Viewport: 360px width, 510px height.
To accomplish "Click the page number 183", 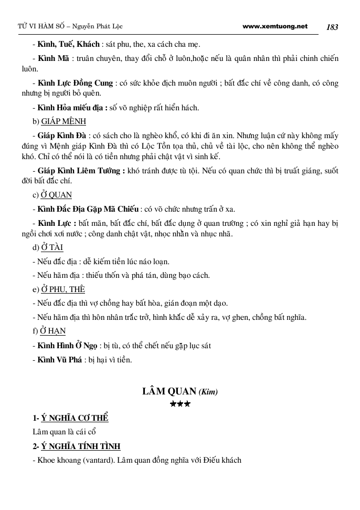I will tap(332, 27).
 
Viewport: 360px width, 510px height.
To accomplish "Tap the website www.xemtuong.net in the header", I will tap(276, 26).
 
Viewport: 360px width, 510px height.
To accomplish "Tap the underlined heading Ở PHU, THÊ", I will tap(63, 289).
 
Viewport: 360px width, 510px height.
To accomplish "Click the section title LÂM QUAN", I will tap(169, 391).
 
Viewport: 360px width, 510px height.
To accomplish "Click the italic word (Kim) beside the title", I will tap(208, 392).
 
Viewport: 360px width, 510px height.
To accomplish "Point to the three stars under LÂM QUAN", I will tap(180, 404).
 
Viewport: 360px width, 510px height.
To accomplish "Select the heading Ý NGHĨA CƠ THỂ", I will tap(75, 418).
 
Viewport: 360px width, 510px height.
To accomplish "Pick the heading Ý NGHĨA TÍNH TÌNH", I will tap(81, 446).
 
